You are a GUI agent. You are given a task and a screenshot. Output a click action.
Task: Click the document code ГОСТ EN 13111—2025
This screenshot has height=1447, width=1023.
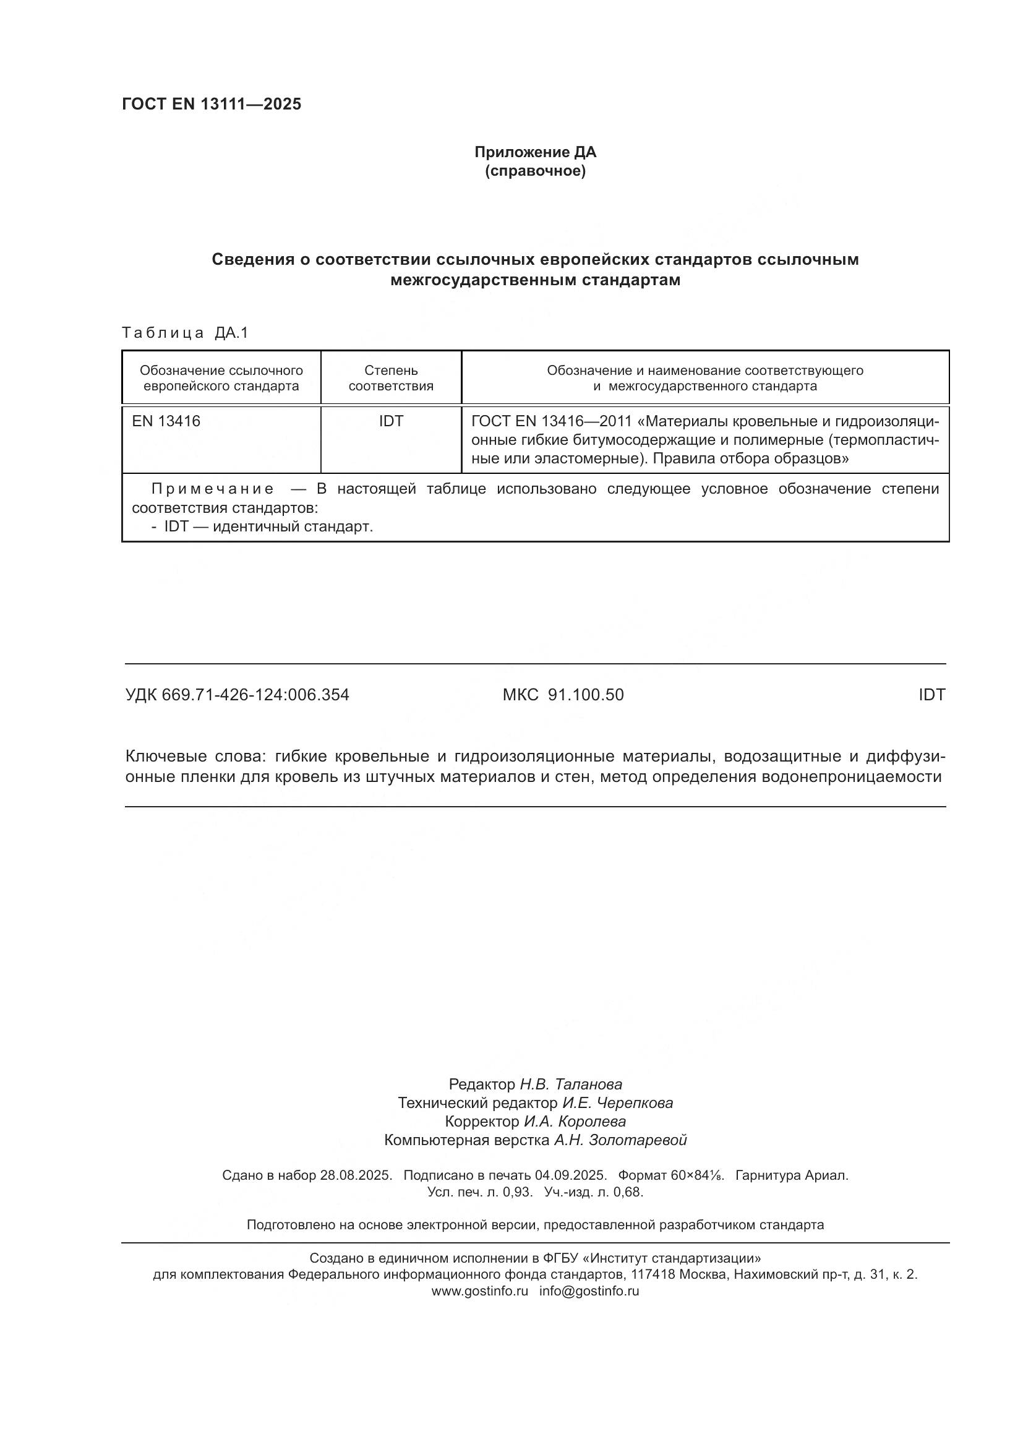[211, 105]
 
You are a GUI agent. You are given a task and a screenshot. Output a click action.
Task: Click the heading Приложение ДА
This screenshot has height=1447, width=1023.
[535, 152]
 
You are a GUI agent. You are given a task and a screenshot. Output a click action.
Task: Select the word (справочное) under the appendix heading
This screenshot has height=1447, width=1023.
[535, 171]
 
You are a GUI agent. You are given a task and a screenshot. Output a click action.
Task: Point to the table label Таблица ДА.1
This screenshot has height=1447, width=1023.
[184, 333]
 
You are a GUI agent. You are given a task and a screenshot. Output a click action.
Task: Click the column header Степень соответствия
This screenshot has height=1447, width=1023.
[390, 378]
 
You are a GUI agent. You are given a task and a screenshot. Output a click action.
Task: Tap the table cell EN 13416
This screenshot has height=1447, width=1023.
[166, 421]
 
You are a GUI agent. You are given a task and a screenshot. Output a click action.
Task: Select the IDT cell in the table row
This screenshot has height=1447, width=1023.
[390, 421]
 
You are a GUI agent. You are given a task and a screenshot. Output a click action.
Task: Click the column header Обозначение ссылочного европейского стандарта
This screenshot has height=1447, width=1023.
[221, 378]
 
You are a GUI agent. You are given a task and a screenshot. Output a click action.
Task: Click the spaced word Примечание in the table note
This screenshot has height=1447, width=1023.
[213, 489]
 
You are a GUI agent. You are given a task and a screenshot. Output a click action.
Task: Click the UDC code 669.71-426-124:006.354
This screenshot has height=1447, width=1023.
[255, 695]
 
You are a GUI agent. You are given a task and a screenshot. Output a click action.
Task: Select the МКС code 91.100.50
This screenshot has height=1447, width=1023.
[586, 695]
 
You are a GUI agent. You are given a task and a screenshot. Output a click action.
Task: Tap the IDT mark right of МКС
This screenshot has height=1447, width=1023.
[931, 695]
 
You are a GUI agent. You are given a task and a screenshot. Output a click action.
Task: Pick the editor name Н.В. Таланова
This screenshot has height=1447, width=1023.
[570, 1084]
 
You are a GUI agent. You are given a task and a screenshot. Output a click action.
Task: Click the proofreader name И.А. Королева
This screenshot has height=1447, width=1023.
[575, 1121]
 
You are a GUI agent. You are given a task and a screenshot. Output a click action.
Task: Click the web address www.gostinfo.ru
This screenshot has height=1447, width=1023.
[479, 1290]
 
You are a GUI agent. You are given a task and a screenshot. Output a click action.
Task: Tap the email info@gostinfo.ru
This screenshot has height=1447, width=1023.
[589, 1290]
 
